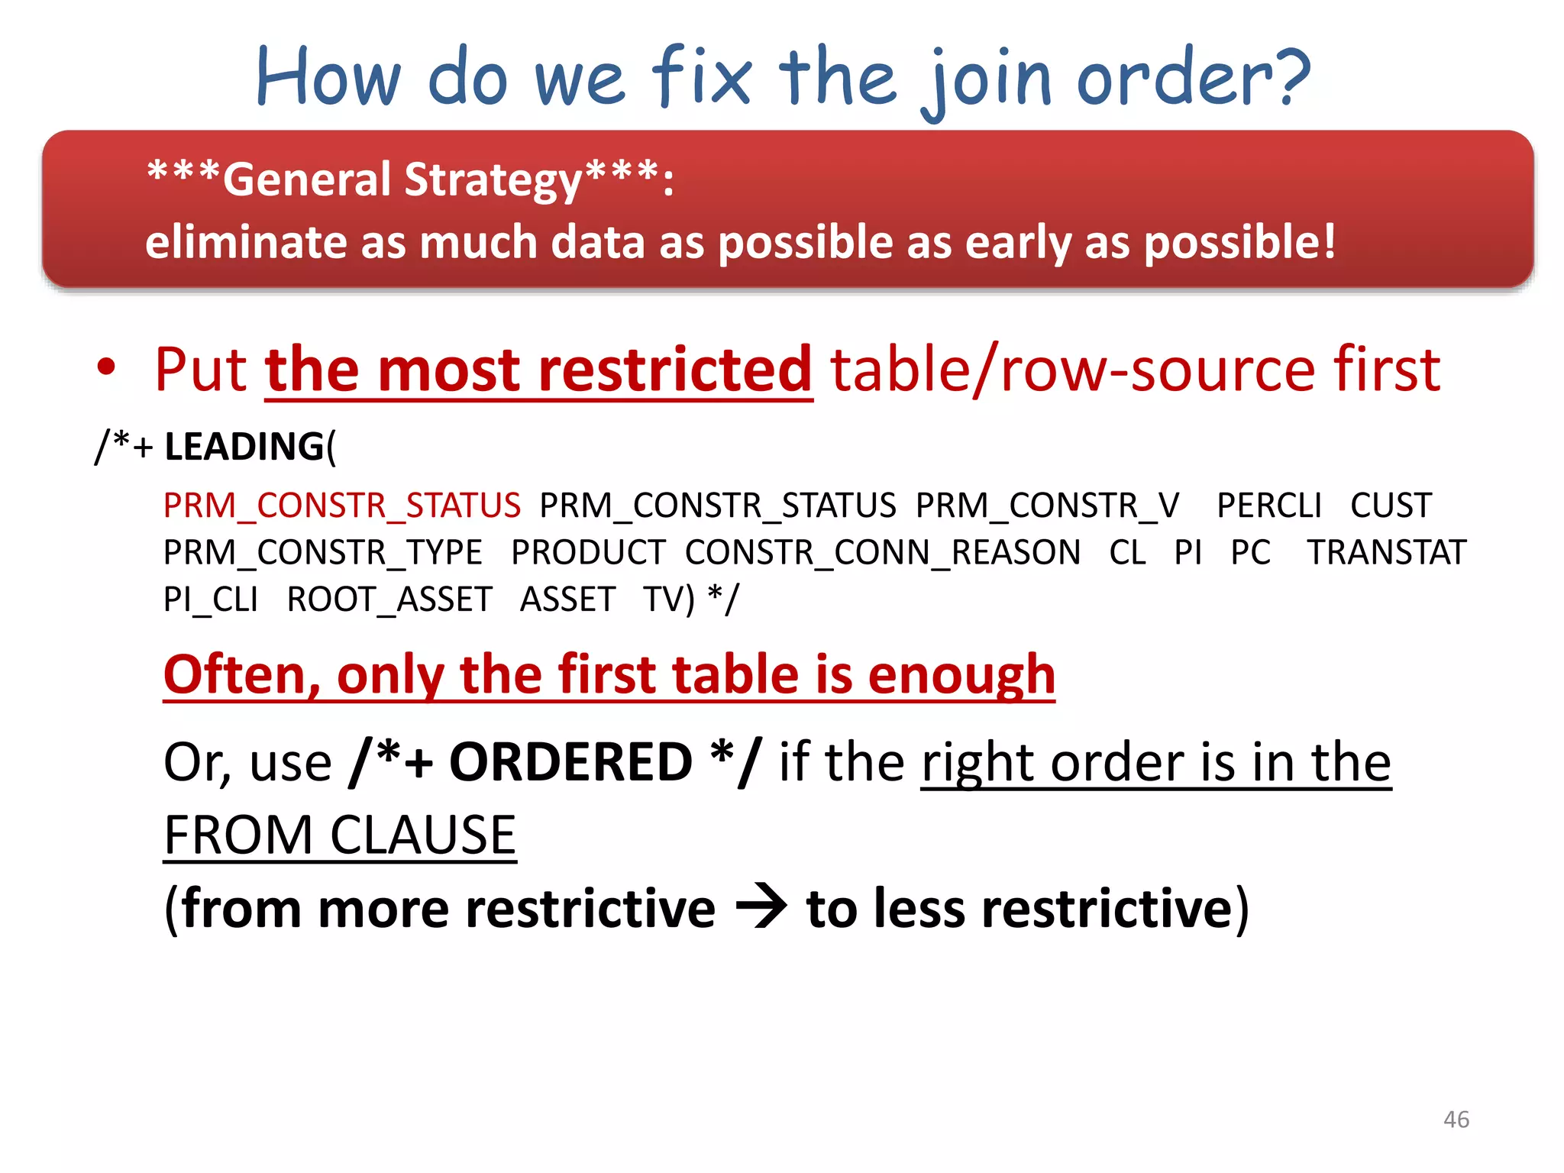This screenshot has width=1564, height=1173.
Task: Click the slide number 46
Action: [x=1456, y=1120]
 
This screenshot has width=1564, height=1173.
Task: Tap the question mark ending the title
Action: [x=1289, y=76]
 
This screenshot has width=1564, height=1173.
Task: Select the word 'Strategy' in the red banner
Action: [x=493, y=180]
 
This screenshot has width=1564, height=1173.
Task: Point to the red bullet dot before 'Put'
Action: [x=106, y=368]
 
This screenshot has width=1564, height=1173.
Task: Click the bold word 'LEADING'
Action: [x=244, y=447]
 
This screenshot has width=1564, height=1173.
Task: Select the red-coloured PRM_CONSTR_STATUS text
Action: [x=342, y=506]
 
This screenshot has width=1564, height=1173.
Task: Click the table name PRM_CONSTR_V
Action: [x=1047, y=506]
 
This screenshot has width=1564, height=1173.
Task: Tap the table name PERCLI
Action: [x=1268, y=506]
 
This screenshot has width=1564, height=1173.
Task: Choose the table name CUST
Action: [x=1390, y=506]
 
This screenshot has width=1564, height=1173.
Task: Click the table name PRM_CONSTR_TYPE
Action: [x=323, y=553]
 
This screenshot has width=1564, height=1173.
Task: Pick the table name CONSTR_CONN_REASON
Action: [x=882, y=553]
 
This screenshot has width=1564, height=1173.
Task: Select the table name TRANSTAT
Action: [x=1386, y=553]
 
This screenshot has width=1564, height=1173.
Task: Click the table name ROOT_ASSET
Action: [x=389, y=599]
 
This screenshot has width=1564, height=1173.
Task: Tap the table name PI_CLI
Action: [x=211, y=599]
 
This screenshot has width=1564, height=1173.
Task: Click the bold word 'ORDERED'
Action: [x=570, y=762]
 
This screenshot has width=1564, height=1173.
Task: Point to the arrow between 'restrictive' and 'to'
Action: [x=761, y=907]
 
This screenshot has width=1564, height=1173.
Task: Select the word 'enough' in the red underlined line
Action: [x=961, y=675]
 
